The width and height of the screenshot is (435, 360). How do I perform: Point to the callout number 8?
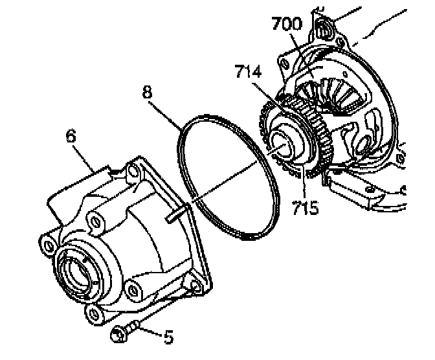148,92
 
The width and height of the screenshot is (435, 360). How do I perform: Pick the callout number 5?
168,337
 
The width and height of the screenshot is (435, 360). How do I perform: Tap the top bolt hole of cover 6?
133,172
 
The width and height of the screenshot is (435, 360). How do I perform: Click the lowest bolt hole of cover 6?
95,316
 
